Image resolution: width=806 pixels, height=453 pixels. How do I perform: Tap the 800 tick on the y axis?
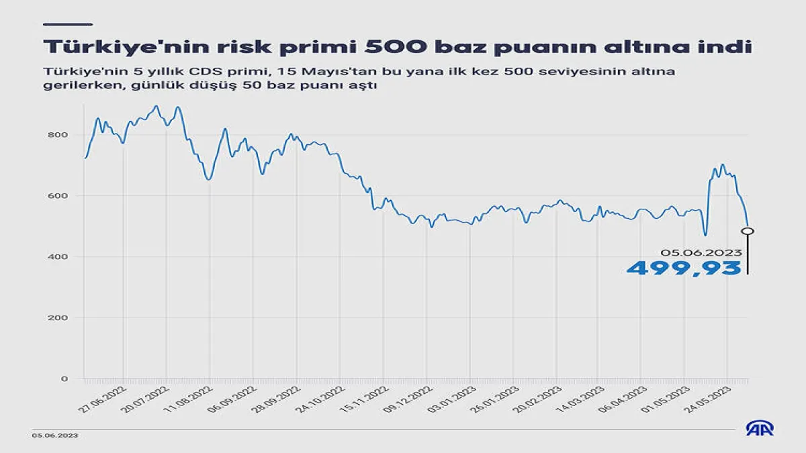(x=58, y=135)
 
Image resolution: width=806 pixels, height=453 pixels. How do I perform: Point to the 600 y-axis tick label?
(x=58, y=196)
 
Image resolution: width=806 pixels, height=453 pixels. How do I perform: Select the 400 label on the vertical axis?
(x=58, y=257)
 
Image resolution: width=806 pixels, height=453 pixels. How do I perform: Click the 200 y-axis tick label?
(x=58, y=318)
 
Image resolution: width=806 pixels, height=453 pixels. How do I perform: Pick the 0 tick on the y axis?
(x=63, y=379)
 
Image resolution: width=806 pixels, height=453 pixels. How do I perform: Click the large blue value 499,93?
(x=684, y=268)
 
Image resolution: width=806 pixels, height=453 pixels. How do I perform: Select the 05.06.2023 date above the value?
(x=701, y=252)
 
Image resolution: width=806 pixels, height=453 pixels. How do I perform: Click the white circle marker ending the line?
(x=748, y=231)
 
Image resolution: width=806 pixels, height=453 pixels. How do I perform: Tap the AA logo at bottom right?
(x=760, y=429)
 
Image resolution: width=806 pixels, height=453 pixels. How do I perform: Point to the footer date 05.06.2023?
(x=55, y=436)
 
